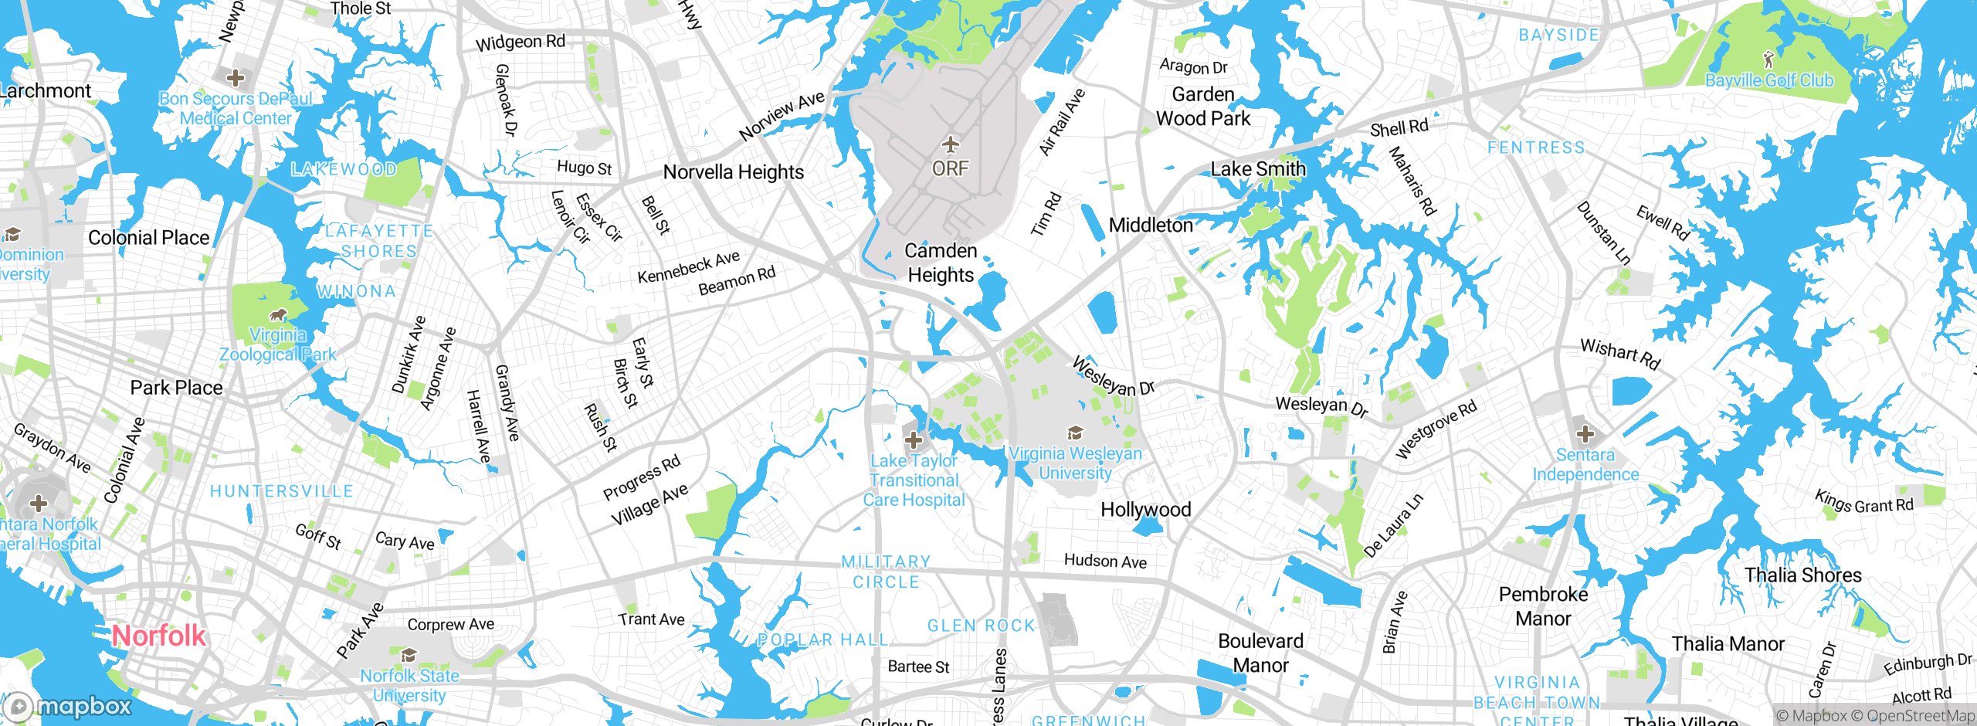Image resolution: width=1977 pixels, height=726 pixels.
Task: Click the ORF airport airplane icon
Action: [951, 144]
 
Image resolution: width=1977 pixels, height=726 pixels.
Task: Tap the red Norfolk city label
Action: [158, 636]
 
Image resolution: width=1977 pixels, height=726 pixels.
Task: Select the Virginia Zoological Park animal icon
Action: [278, 315]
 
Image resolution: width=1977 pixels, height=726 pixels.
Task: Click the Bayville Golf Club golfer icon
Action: [1768, 59]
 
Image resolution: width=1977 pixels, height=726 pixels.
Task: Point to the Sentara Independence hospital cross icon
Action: [1585, 434]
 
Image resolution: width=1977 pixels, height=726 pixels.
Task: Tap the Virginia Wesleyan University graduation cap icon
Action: [1075, 433]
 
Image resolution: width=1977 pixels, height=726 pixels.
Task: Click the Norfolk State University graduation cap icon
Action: [409, 656]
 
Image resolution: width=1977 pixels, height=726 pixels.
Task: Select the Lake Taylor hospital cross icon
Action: [914, 440]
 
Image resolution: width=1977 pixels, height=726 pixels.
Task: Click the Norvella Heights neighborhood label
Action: [733, 172]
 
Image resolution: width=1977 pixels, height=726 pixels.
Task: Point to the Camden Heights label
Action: [941, 263]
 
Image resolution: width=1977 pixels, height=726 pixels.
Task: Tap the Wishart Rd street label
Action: [1620, 354]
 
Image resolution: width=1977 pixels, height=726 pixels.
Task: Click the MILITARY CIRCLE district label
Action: [886, 572]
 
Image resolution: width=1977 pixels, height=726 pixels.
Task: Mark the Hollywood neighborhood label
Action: [1145, 510]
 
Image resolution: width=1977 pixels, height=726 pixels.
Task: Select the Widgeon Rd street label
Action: [520, 42]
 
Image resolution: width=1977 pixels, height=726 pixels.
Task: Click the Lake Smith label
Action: [1258, 169]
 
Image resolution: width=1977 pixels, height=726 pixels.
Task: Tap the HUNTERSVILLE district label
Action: [281, 491]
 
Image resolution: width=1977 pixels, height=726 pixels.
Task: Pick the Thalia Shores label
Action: [1802, 575]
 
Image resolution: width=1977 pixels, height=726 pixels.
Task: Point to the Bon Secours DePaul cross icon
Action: [236, 78]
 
